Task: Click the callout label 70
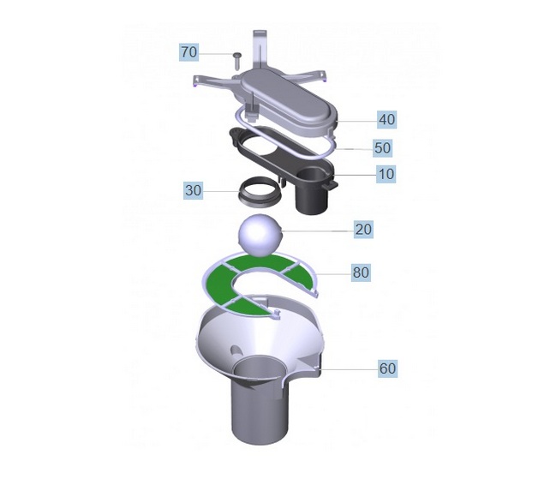[x=189, y=52]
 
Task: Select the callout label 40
[x=387, y=119]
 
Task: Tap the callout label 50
[x=383, y=147]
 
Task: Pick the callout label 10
[x=386, y=174]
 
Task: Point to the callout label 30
[x=194, y=190]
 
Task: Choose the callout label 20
[x=363, y=230]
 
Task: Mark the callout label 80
[x=361, y=272]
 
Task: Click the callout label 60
[x=388, y=368]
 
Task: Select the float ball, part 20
[x=260, y=235]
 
